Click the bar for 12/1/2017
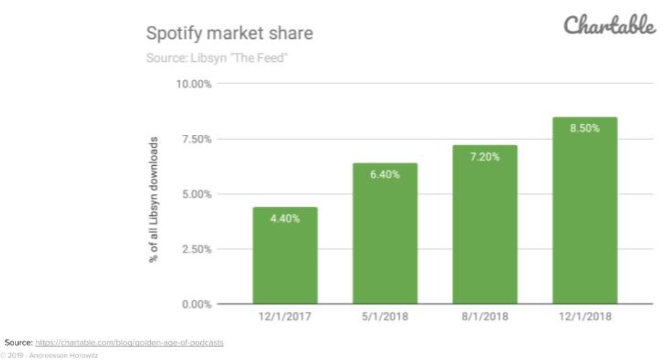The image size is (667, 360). click(285, 255)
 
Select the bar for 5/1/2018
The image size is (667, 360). click(385, 233)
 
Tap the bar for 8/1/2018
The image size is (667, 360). click(485, 225)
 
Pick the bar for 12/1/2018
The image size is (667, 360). click(585, 210)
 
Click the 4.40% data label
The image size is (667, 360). click(285, 219)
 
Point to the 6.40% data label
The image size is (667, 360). click(385, 174)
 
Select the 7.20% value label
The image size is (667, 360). click(485, 157)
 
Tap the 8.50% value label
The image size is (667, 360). click(585, 129)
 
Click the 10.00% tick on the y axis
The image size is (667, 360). click(194, 84)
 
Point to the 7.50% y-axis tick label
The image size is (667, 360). click(197, 139)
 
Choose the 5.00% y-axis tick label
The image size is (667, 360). click(197, 194)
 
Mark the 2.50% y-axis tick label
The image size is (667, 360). click(197, 249)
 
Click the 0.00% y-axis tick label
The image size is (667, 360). click(197, 304)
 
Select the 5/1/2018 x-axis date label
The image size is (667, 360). click(385, 317)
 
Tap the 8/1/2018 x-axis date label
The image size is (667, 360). click(485, 317)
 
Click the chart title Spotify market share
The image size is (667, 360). click(230, 33)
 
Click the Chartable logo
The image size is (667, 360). click(610, 25)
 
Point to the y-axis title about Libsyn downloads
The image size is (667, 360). click(153, 200)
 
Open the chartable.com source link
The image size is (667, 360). click(129, 343)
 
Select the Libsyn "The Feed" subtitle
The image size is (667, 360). click(217, 58)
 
